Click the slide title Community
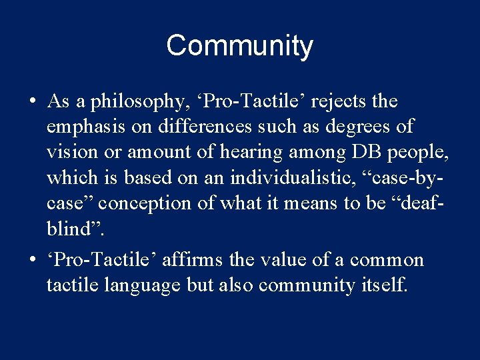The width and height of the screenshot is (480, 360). point(239,46)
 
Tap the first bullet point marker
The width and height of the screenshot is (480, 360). point(32,102)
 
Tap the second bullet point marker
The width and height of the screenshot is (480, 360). point(32,260)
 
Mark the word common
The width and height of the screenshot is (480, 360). point(387,260)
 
